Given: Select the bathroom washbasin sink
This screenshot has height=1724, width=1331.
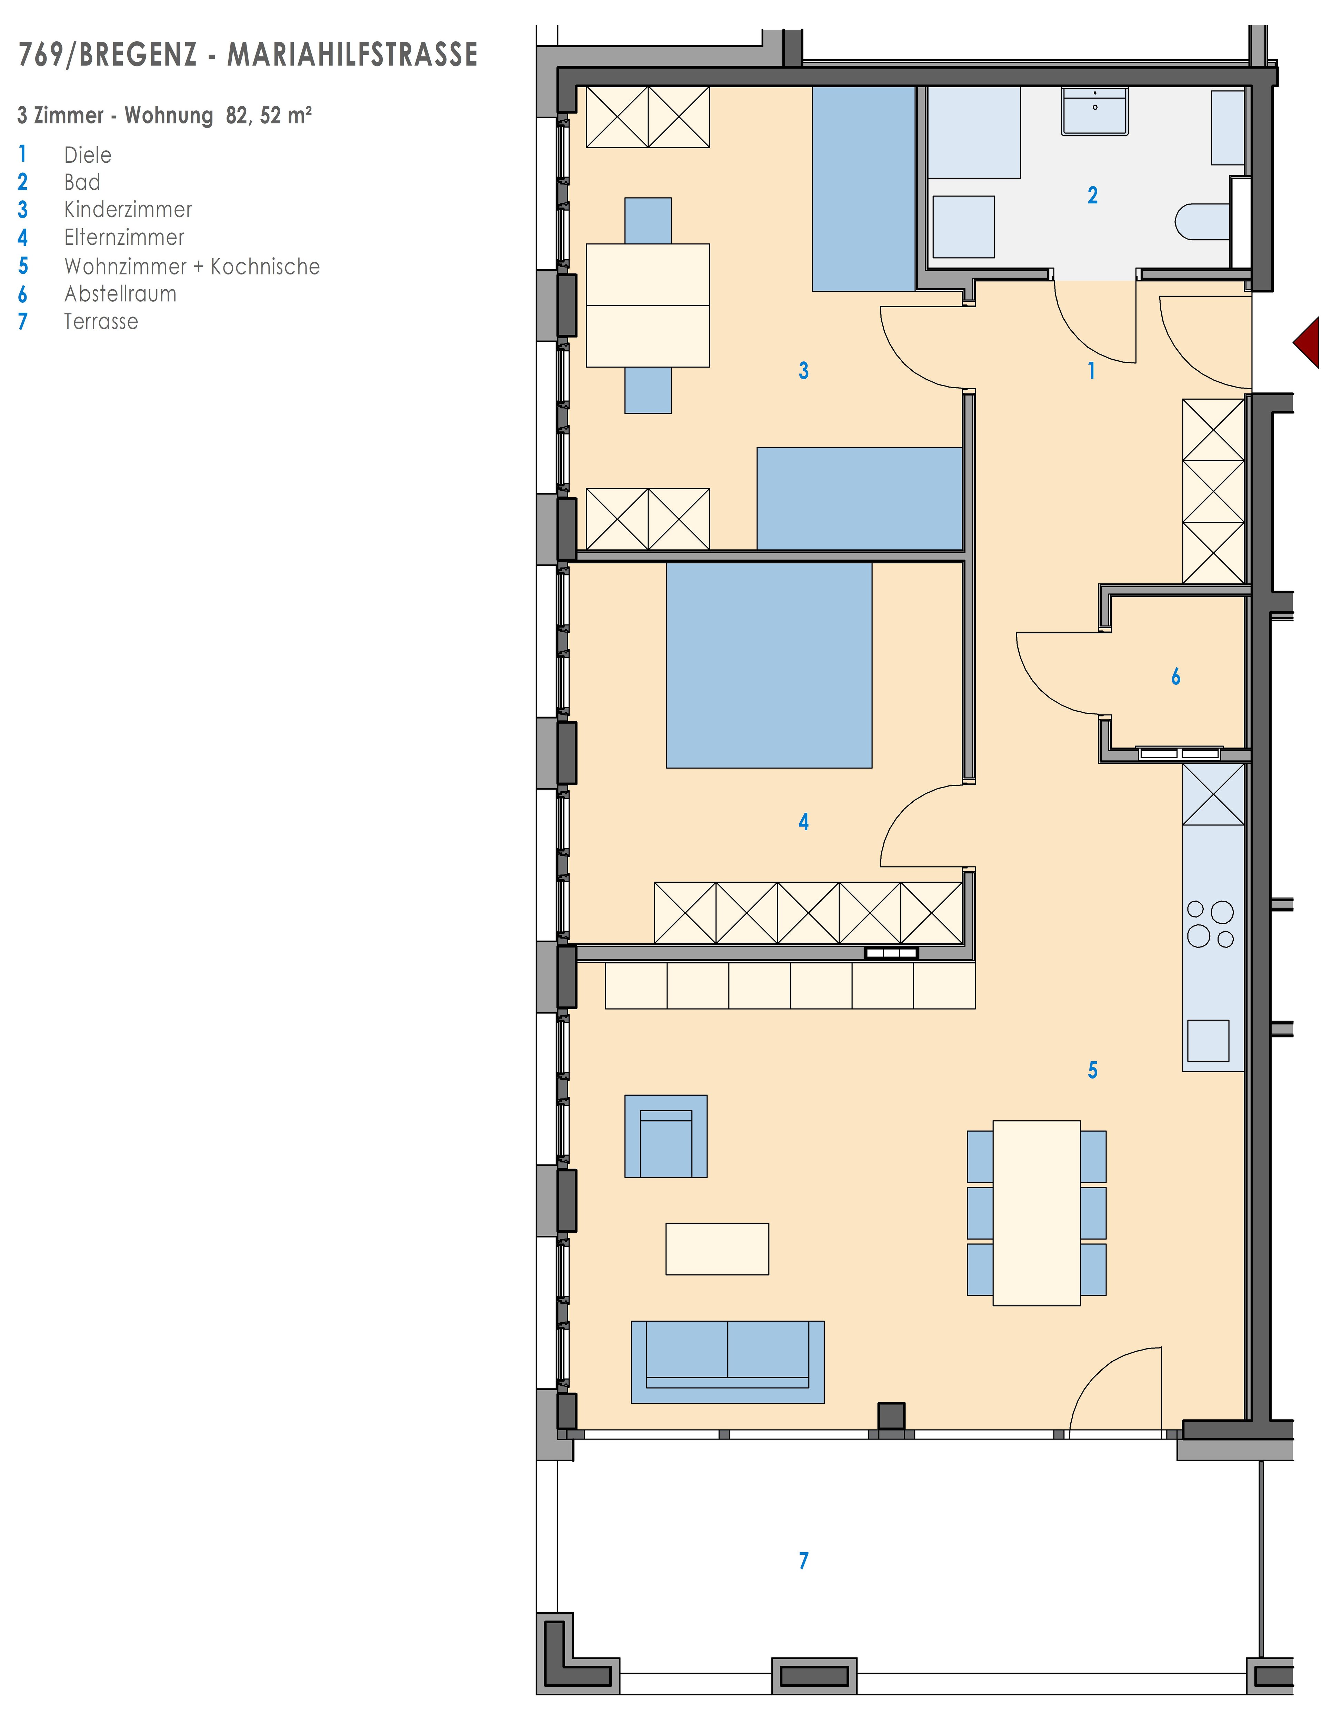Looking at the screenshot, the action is (1095, 111).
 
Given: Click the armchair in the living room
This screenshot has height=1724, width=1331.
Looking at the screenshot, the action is (665, 1136).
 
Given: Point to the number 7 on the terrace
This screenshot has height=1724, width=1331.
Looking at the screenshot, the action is (804, 1561).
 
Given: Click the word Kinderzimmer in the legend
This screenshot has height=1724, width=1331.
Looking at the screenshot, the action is (128, 210).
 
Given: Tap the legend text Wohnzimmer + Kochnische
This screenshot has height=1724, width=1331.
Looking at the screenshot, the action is (192, 267).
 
